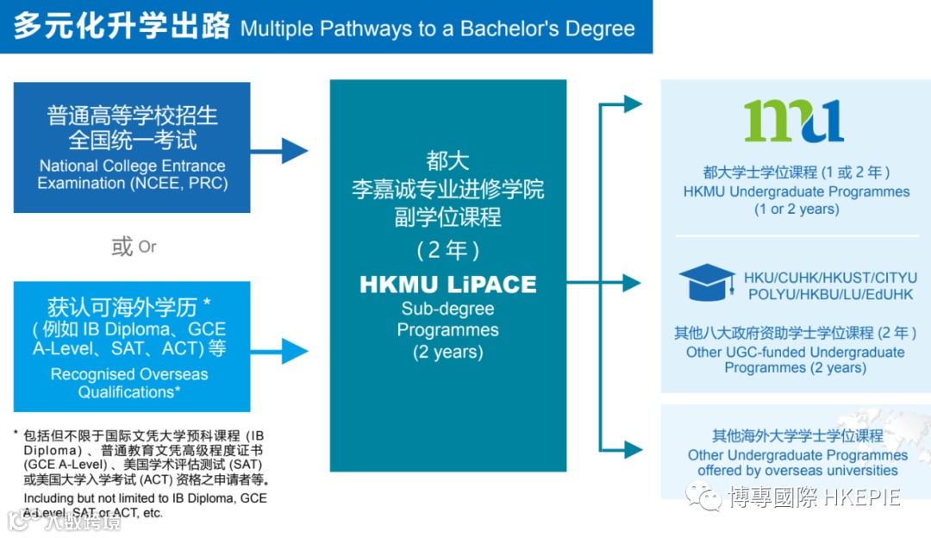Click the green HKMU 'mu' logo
[793, 122]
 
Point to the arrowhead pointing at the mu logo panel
[633, 104]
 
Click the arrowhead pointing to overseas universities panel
[633, 449]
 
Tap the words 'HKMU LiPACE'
[447, 285]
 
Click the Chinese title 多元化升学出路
[122, 27]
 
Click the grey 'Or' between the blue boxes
[147, 247]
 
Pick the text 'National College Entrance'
[132, 166]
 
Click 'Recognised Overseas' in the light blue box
[129, 374]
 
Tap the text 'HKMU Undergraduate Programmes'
[797, 191]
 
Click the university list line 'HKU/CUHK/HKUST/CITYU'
[830, 278]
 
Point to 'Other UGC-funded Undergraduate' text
[795, 352]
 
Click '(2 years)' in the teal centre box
[447, 352]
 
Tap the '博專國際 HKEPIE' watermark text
[814, 497]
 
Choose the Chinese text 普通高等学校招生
[132, 116]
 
